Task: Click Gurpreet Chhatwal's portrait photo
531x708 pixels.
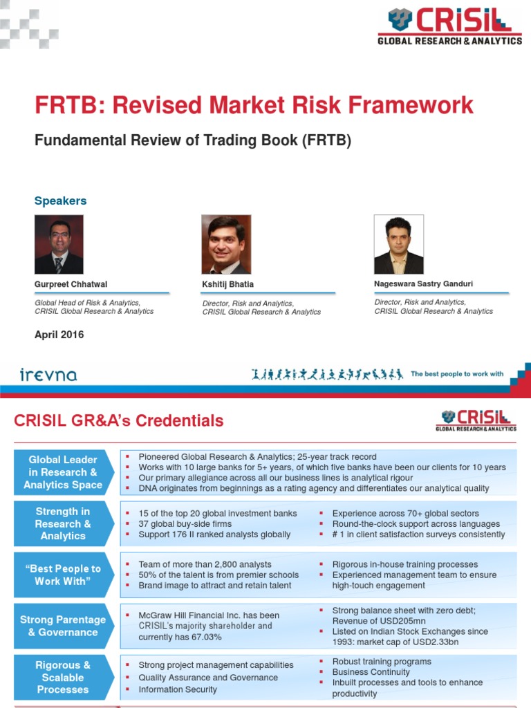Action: coord(59,244)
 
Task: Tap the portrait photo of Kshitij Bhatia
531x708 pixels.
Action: coord(226,244)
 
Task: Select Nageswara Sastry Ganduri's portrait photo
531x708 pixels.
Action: coord(398,244)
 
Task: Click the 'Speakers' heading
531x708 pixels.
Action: coord(61,201)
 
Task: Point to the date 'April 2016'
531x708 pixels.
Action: coord(59,335)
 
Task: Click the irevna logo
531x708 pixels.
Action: coord(48,375)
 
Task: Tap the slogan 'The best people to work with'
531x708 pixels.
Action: coord(457,374)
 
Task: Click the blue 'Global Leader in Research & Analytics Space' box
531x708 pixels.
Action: coord(63,472)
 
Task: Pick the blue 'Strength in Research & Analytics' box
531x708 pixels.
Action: coord(63,524)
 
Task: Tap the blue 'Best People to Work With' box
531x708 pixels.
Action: coord(63,575)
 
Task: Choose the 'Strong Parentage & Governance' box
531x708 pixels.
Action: coord(63,626)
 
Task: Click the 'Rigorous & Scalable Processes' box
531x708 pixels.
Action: coord(63,677)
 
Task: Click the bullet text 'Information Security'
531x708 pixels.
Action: coord(178,689)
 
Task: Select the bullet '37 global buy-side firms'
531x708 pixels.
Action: coord(185,524)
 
